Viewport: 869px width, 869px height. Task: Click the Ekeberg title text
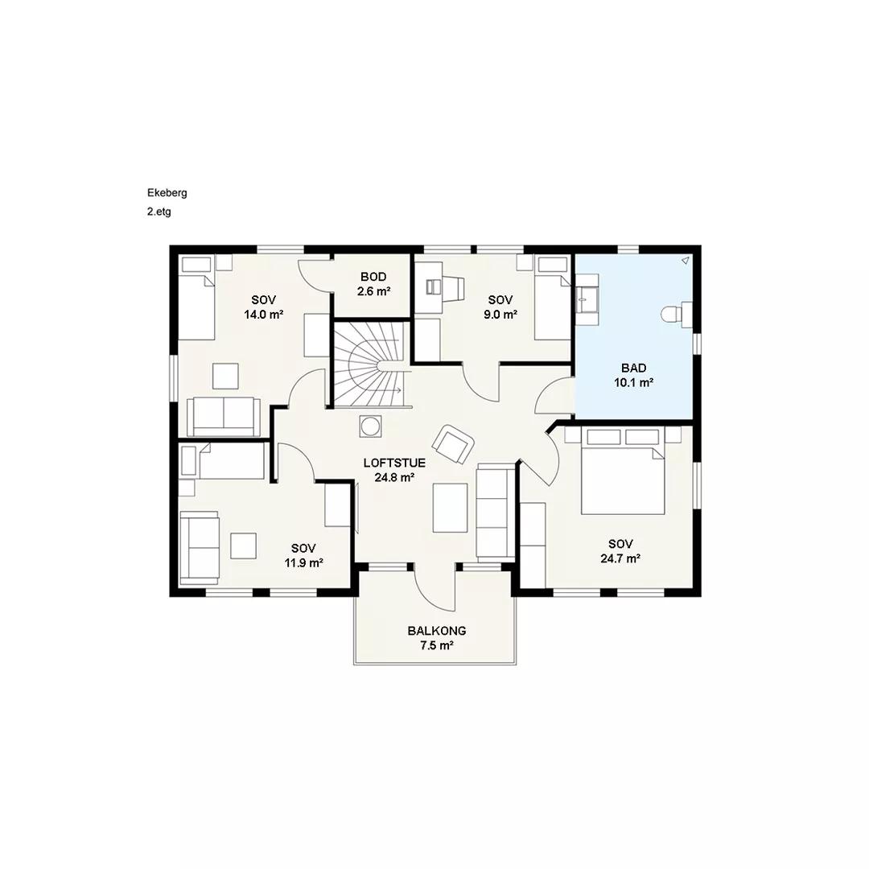[x=167, y=193]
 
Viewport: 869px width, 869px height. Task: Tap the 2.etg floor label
[x=159, y=212]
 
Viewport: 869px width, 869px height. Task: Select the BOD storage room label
[x=373, y=277]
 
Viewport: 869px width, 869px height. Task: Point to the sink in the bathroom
[x=587, y=299]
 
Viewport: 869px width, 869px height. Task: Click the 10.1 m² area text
[x=633, y=382]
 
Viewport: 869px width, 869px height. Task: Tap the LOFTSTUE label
[x=394, y=463]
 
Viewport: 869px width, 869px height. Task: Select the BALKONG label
[x=437, y=631]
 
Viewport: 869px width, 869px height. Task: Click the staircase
[x=371, y=364]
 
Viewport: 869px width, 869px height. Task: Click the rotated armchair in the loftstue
[x=453, y=443]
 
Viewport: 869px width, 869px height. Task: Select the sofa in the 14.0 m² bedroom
[x=224, y=416]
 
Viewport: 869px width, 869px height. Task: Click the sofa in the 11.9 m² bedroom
[x=200, y=548]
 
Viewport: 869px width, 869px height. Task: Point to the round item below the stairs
[x=369, y=426]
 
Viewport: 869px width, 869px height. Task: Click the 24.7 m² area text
[x=620, y=558]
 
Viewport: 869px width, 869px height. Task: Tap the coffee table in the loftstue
[x=450, y=508]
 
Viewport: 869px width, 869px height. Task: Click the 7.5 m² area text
[x=437, y=645]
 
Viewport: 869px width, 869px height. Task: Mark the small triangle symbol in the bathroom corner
[x=686, y=260]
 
